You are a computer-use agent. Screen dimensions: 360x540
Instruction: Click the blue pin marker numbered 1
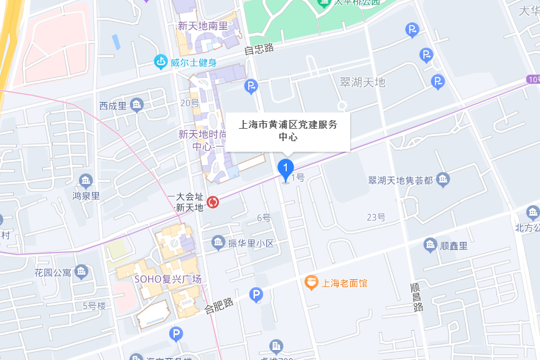click(x=286, y=168)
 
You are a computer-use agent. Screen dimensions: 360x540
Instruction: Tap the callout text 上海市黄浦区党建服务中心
click(x=288, y=130)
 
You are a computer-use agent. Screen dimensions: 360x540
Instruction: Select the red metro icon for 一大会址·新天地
click(x=213, y=202)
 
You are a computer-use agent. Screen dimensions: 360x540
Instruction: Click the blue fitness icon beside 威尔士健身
click(x=161, y=62)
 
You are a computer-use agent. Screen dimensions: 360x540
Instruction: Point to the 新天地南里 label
click(x=203, y=26)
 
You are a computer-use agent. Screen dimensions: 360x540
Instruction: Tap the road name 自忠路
click(x=259, y=49)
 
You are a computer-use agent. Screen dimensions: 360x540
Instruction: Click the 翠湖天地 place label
click(x=363, y=83)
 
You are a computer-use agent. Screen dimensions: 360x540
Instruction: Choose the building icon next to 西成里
click(x=137, y=105)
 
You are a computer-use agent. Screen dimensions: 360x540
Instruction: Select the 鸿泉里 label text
click(x=86, y=195)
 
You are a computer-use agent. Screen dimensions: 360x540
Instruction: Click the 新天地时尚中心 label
click(x=197, y=140)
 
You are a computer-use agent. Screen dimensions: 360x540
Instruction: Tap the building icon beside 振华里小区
click(x=218, y=242)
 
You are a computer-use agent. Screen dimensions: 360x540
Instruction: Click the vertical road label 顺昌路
click(x=417, y=297)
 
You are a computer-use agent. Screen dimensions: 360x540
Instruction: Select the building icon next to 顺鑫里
click(x=431, y=245)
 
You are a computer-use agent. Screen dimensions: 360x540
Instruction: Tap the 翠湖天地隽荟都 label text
click(x=400, y=180)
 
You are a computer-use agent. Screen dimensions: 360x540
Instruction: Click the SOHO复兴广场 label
click(x=168, y=279)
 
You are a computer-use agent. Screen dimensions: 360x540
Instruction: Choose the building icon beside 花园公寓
click(x=81, y=272)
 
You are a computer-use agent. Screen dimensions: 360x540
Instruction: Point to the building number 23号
click(x=376, y=217)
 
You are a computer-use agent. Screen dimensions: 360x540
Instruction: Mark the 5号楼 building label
click(x=95, y=305)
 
